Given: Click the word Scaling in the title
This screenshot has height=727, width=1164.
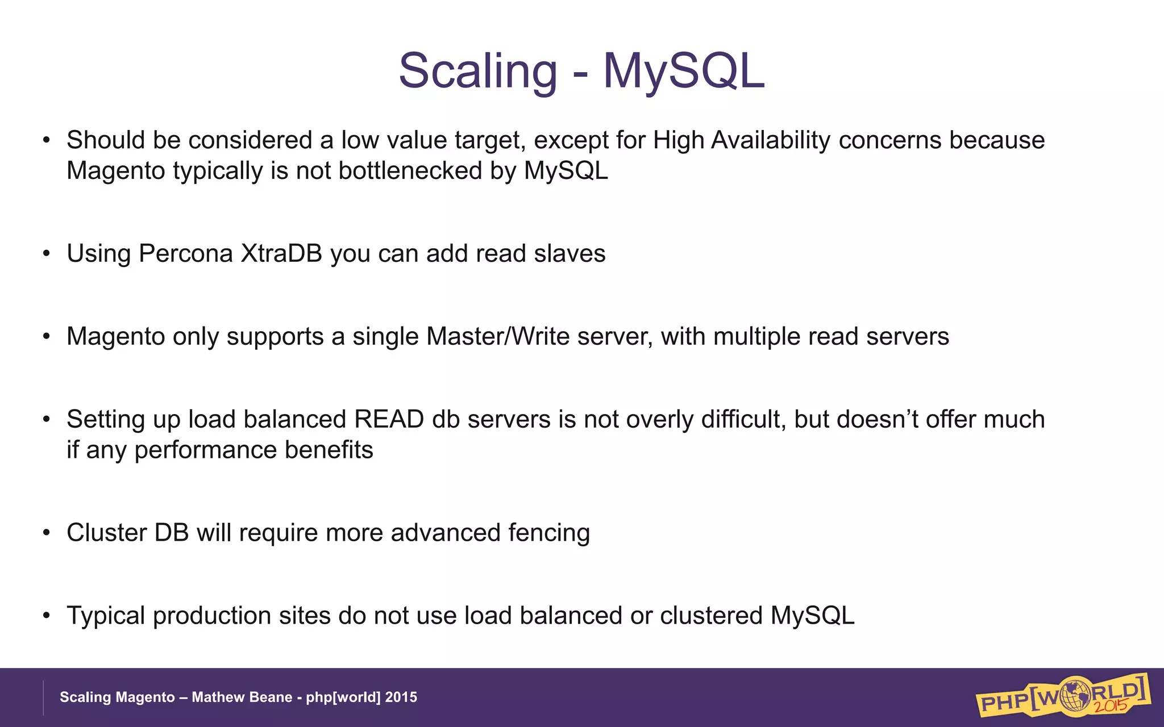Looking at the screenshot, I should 477,71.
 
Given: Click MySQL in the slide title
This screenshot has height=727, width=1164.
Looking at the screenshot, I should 684,71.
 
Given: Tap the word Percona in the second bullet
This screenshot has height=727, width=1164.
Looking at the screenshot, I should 185,253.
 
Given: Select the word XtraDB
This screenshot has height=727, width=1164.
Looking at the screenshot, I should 281,253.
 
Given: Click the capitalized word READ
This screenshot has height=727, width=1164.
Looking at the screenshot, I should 389,419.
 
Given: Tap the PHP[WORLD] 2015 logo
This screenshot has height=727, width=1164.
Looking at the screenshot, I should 1063,696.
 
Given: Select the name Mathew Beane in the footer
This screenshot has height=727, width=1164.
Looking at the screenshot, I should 242,697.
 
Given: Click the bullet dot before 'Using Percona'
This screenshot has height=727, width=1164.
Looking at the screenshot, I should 47,254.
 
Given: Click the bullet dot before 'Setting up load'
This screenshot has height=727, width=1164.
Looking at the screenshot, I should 47,420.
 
